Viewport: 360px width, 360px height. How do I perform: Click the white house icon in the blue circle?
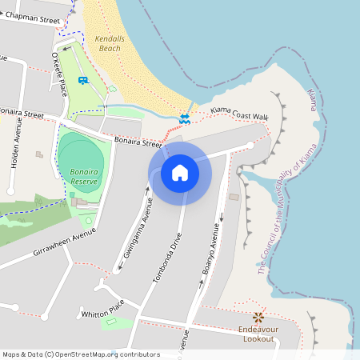[x=180, y=172]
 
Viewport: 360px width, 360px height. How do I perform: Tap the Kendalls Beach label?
[x=107, y=43]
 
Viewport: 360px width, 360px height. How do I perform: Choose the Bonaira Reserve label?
[x=84, y=177]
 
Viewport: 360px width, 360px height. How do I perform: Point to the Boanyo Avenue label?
[x=209, y=249]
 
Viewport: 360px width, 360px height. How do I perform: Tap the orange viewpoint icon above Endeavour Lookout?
[x=258, y=318]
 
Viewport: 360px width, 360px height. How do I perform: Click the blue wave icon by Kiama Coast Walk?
[x=185, y=118]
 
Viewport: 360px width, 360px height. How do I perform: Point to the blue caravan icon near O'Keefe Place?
[x=83, y=80]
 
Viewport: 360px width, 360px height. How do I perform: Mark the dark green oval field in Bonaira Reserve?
[x=80, y=158]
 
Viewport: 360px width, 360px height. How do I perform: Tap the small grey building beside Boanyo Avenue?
[x=234, y=197]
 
